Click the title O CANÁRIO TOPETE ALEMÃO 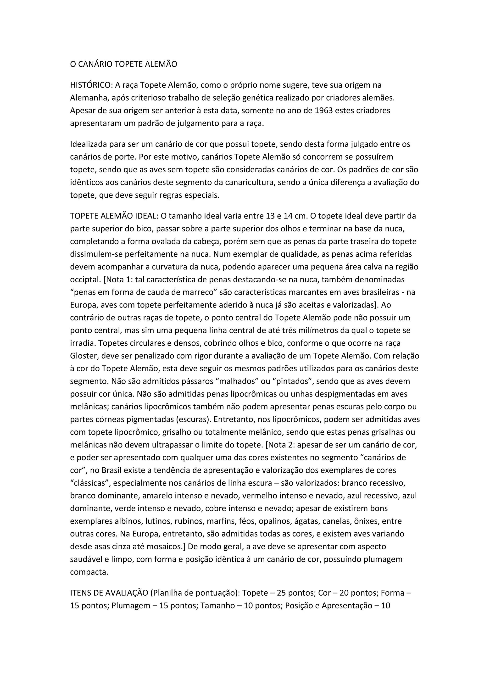coord(123,64)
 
